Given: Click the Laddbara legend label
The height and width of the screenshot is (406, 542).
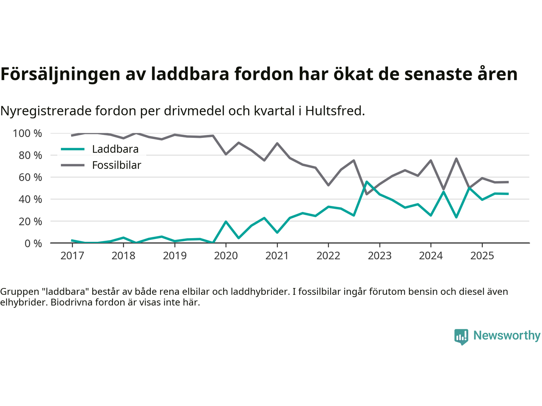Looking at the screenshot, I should click(115, 149).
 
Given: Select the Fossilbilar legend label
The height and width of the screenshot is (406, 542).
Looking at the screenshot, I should click(116, 165).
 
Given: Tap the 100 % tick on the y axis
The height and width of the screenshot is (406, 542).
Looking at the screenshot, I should click(28, 134).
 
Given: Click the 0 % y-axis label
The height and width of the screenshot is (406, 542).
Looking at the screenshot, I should click(33, 244).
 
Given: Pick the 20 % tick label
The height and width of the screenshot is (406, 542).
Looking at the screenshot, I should click(30, 222).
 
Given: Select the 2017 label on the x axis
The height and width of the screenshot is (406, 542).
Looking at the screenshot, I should click(72, 256).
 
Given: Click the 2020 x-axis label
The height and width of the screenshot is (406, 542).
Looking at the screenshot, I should click(226, 256).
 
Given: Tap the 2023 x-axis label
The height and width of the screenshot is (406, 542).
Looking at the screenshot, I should click(379, 256).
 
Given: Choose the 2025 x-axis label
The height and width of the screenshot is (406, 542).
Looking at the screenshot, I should click(482, 256).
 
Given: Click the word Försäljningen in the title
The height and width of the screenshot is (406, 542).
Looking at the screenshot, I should click(61, 74).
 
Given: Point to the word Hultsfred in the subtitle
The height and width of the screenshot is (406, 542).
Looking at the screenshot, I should click(335, 111).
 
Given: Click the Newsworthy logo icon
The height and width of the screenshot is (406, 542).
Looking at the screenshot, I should click(461, 337).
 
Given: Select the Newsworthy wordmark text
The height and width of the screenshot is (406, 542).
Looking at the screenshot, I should click(507, 336).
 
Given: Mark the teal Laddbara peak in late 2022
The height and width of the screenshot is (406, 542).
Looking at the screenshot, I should click(366, 182).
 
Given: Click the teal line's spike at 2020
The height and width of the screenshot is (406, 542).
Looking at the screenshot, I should click(226, 221).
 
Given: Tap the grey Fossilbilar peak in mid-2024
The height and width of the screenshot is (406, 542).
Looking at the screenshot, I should click(456, 159).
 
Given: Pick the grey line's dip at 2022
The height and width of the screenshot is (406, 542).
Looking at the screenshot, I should click(328, 185).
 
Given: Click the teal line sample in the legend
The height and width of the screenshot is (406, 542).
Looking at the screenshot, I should click(73, 149).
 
